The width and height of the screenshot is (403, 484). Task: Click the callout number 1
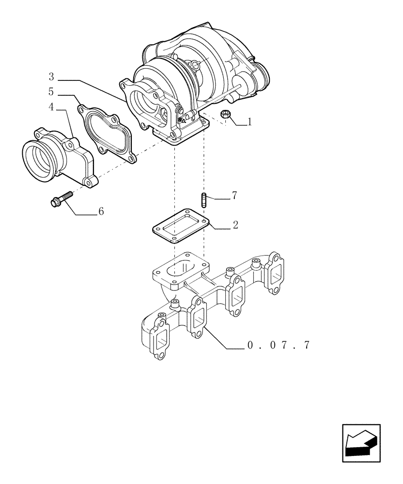tap(250, 122)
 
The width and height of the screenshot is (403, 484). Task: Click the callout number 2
tap(235, 225)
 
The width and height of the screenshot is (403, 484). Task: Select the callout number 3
tap(51, 76)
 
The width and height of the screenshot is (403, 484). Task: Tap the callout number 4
tap(51, 106)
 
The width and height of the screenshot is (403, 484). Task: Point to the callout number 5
tap(51, 91)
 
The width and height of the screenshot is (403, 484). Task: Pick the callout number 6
tap(101, 211)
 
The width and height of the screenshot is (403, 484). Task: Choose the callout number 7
tap(234, 196)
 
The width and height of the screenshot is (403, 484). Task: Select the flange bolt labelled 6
tap(61, 199)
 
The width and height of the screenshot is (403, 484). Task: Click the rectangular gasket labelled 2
tap(181, 226)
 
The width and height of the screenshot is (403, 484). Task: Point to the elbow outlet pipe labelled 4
tap(61, 157)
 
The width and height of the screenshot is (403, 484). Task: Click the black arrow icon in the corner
tap(361, 442)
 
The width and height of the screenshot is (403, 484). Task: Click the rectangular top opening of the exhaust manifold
tap(181, 268)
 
